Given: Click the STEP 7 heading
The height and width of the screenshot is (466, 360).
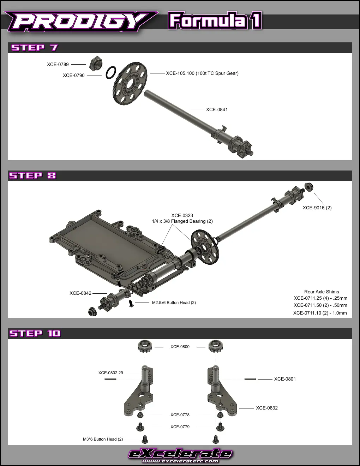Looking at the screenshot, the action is pos(35,48).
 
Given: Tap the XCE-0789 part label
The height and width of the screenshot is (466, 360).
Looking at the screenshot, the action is pos(58,64).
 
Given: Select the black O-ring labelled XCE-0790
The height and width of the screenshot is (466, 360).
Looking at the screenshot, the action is pos(111,72).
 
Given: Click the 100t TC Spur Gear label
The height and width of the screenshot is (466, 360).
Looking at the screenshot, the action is pos(202,73).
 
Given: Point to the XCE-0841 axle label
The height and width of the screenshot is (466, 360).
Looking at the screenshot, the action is pos(217,109).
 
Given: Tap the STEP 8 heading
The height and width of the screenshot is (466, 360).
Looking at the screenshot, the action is pos(32,176).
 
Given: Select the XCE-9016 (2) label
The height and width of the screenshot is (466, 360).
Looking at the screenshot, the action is pos(317,208).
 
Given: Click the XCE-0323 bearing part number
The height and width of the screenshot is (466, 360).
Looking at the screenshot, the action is pos(182,215).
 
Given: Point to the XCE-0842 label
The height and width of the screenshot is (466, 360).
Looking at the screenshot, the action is pos(80,293).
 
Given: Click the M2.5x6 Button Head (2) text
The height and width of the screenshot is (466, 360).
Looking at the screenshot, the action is pos(174,303).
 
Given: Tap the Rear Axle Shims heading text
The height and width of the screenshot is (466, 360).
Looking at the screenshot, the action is pos(322,292).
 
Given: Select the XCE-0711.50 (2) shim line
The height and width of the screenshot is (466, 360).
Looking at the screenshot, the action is pos(320,305).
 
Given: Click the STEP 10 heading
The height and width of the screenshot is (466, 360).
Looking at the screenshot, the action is pos(35,334).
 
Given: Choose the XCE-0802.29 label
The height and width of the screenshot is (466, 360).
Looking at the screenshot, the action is pos(110,373).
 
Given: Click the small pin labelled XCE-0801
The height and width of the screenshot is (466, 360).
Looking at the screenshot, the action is pos(250,379).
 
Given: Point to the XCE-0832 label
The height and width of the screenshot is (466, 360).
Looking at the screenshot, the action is pos(267,408).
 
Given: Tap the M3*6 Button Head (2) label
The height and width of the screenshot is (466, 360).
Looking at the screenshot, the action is pos(103,439).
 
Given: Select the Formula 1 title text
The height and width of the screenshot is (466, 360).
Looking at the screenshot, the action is pos(215,20).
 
